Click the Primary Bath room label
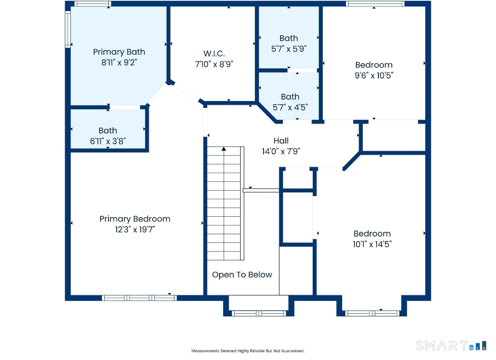click(x=119, y=52)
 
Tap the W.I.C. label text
click(x=214, y=53)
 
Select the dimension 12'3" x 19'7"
click(x=135, y=230)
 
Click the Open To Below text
click(x=242, y=275)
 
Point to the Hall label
click(x=281, y=141)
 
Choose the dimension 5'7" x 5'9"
click(x=288, y=48)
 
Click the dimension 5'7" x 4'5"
click(x=290, y=107)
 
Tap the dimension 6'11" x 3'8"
click(x=107, y=141)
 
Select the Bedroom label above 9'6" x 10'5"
click(x=374, y=65)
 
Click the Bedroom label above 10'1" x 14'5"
click(x=372, y=233)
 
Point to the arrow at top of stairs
click(x=224, y=149)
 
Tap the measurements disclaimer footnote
click(x=248, y=351)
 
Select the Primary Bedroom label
click(x=135, y=219)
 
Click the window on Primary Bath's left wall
click(x=68, y=29)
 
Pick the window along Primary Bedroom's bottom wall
click(x=139, y=298)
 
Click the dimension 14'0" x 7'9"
click(x=281, y=151)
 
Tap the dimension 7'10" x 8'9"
click(x=214, y=64)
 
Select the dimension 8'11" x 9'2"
click(x=119, y=62)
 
